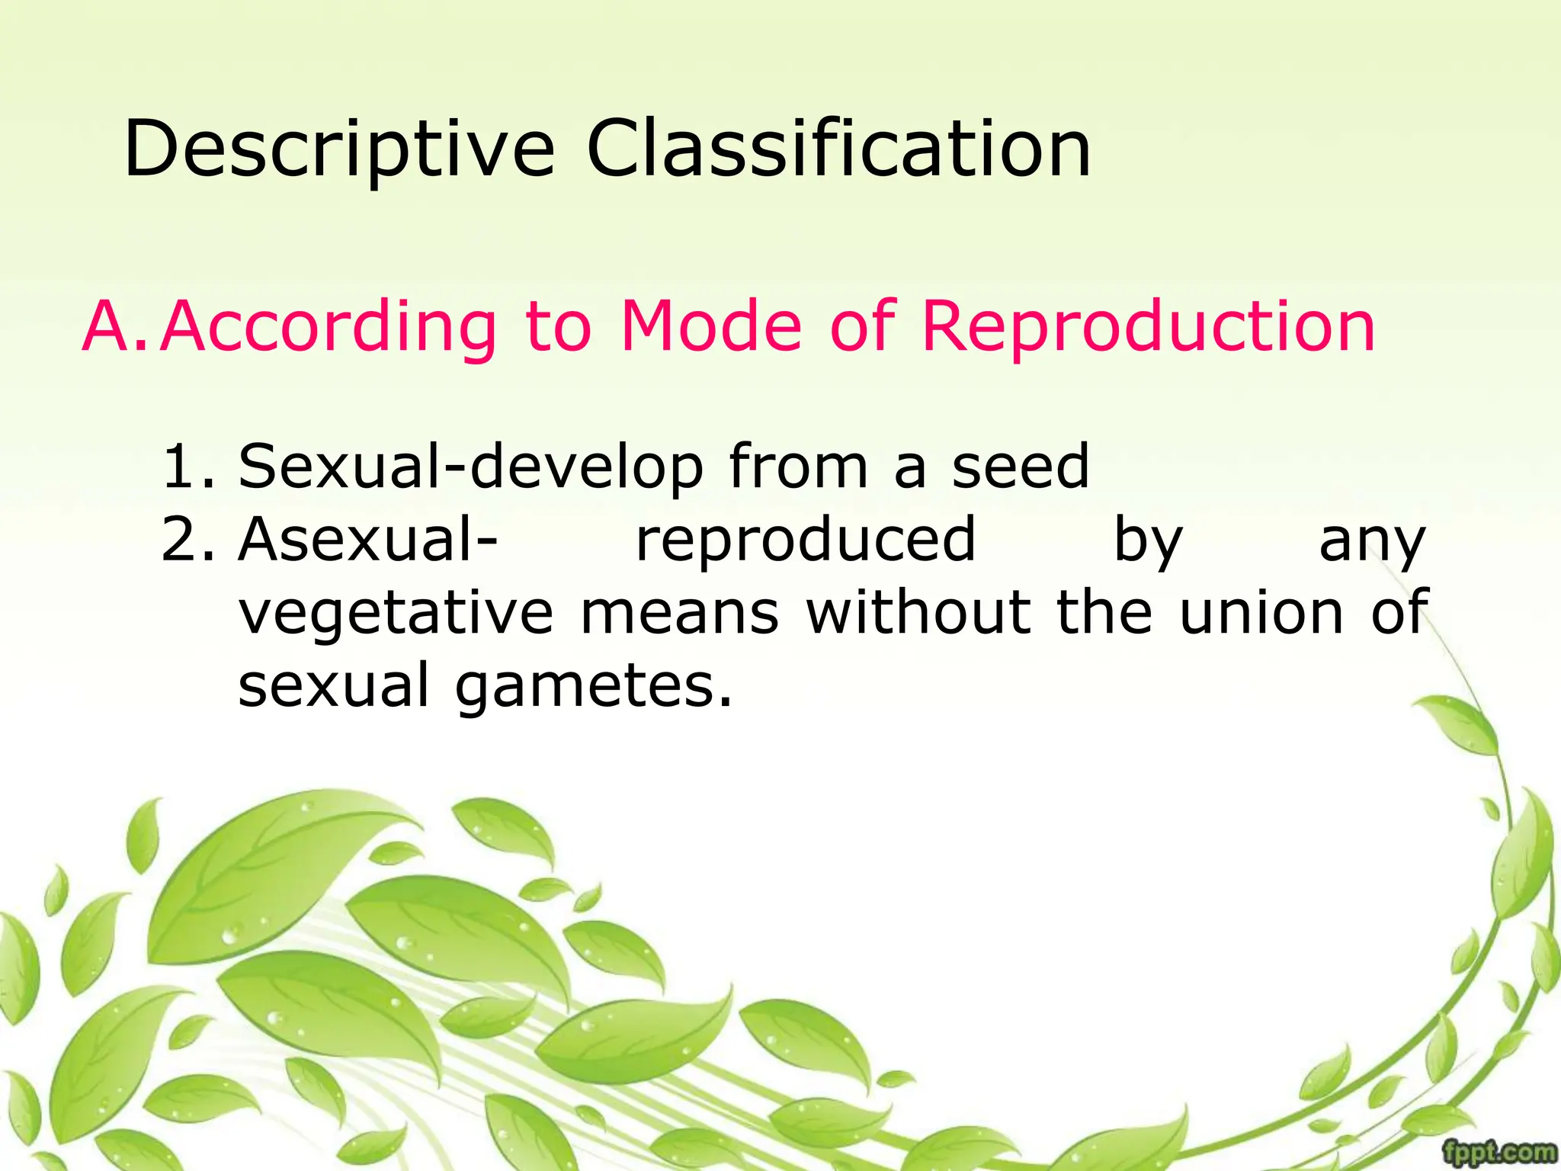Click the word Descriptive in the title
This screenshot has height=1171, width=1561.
point(338,149)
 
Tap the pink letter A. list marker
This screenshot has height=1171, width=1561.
point(114,327)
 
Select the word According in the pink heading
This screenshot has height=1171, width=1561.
point(329,329)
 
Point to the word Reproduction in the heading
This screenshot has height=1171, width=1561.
point(1148,329)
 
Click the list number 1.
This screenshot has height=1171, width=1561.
point(188,467)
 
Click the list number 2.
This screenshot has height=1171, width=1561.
point(188,540)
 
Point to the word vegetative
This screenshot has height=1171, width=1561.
point(396,613)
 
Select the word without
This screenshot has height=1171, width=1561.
point(918,613)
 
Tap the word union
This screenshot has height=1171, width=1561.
point(1261,613)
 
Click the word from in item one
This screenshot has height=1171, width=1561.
point(798,467)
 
